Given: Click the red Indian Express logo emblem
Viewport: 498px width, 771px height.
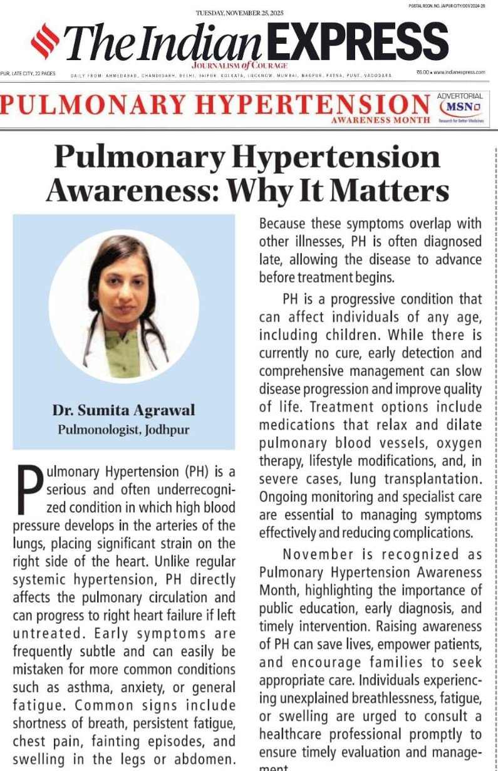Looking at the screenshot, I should pos(45,41).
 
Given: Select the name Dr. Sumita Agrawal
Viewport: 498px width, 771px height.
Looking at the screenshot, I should pos(124,411).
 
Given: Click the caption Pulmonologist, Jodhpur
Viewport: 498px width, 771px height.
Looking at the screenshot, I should pos(124,430).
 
